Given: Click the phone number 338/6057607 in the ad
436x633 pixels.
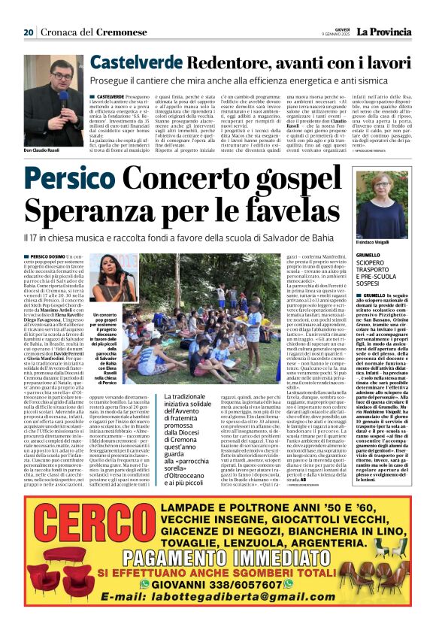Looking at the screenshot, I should (x=249, y=583).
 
